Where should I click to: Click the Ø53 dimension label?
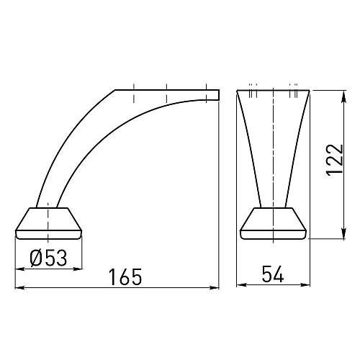pyautogui.click(x=48, y=258)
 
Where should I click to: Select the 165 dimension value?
pyautogui.click(x=125, y=277)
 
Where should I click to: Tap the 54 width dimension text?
pyautogui.click(x=273, y=274)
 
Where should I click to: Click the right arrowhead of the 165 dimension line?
pyautogui.click(x=215, y=287)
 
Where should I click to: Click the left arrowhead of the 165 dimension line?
pyautogui.click(x=19, y=287)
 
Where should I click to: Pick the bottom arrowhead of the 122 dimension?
pyautogui.click(x=343, y=233)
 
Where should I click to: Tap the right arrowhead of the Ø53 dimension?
pyautogui.click(x=78, y=269)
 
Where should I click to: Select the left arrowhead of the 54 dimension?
pyautogui.click(x=242, y=285)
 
